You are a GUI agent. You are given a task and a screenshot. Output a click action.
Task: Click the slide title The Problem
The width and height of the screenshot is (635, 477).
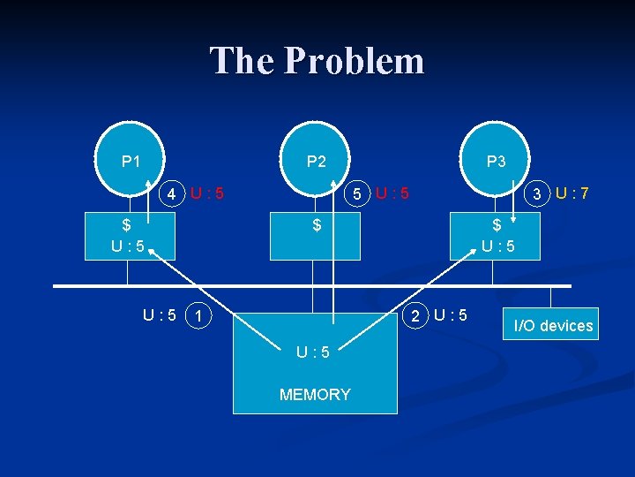tap(317, 61)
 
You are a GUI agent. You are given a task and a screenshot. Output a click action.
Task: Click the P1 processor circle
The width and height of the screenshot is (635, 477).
tap(131, 161)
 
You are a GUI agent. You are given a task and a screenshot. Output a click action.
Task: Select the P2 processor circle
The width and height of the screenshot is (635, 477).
tap(316, 161)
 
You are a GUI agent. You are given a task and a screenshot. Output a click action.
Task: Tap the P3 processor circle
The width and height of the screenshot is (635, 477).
tap(496, 161)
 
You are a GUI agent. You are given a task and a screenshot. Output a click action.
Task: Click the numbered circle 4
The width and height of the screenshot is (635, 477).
tap(175, 193)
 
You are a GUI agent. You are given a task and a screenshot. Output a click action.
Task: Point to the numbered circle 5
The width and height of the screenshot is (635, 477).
tap(356, 193)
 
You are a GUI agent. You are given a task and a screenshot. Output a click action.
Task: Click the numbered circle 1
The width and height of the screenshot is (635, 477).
tap(200, 315)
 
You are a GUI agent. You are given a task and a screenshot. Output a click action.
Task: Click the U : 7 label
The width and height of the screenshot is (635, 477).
tap(573, 192)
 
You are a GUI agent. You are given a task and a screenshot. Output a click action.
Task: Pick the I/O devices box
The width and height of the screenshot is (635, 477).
tap(553, 325)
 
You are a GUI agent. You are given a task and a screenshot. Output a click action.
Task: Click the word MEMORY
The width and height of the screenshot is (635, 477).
tap(315, 395)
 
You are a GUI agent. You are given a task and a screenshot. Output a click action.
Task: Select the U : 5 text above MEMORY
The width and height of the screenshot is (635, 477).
tap(313, 352)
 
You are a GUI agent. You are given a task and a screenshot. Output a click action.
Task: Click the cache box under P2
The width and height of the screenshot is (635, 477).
tap(315, 236)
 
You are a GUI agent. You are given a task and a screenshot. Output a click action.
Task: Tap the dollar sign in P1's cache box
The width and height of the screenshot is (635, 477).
tap(127, 225)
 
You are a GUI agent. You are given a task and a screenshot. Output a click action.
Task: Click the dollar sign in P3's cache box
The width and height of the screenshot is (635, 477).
tap(497, 225)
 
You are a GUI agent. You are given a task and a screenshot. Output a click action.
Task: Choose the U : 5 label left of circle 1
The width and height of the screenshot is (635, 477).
tap(160, 315)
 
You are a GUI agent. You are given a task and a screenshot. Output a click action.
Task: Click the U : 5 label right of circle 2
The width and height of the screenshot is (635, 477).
tap(451, 315)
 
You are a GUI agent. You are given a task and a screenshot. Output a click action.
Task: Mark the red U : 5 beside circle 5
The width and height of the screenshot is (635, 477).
tap(392, 193)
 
